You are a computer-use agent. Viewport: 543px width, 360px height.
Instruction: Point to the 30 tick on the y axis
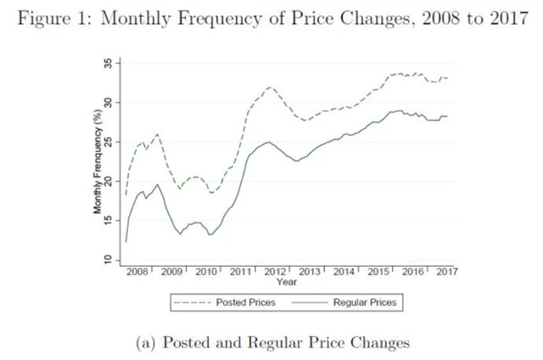click(108, 102)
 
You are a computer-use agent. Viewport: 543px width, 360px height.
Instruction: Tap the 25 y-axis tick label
click(108, 141)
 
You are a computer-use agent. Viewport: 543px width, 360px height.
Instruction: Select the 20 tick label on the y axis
click(108, 180)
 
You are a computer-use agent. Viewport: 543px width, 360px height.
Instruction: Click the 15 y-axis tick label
click(108, 220)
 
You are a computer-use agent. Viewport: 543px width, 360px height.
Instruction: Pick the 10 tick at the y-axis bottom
click(108, 259)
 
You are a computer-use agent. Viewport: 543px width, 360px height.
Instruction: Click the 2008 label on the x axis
click(137, 272)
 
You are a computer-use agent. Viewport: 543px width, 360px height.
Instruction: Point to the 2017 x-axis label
click(446, 272)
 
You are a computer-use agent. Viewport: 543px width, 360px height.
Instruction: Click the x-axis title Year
click(287, 282)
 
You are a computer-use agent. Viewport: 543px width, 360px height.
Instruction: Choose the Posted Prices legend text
click(245, 302)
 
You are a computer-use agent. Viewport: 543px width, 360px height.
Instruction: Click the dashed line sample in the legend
click(192, 302)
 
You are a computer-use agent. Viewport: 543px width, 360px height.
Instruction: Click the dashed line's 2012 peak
click(269, 87)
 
